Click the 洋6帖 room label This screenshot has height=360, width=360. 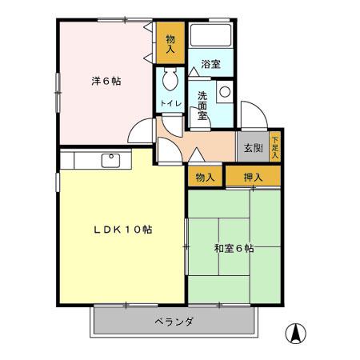tap(105, 80)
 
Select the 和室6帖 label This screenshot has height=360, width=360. tap(234, 248)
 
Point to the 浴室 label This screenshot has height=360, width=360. tap(210, 64)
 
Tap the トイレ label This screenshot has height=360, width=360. tap(170, 104)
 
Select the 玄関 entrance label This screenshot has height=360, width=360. tap(253, 148)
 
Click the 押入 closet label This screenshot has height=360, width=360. tap(253, 177)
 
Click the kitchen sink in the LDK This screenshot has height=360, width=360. tap(111, 160)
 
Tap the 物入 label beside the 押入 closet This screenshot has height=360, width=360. tap(205, 177)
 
